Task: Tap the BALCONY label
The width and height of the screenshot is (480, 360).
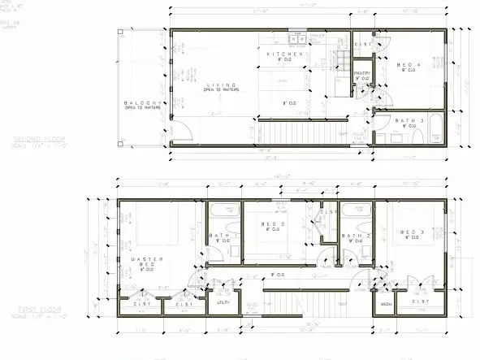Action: [x=136, y=103]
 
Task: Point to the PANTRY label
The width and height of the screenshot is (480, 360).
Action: [x=363, y=73]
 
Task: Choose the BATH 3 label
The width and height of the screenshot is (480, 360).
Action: [x=407, y=121]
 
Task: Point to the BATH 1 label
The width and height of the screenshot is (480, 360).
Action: [x=221, y=236]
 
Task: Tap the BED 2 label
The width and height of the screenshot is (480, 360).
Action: [x=276, y=223]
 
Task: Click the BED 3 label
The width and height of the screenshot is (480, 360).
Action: [x=413, y=232]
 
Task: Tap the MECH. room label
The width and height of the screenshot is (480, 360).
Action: [x=387, y=306]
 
